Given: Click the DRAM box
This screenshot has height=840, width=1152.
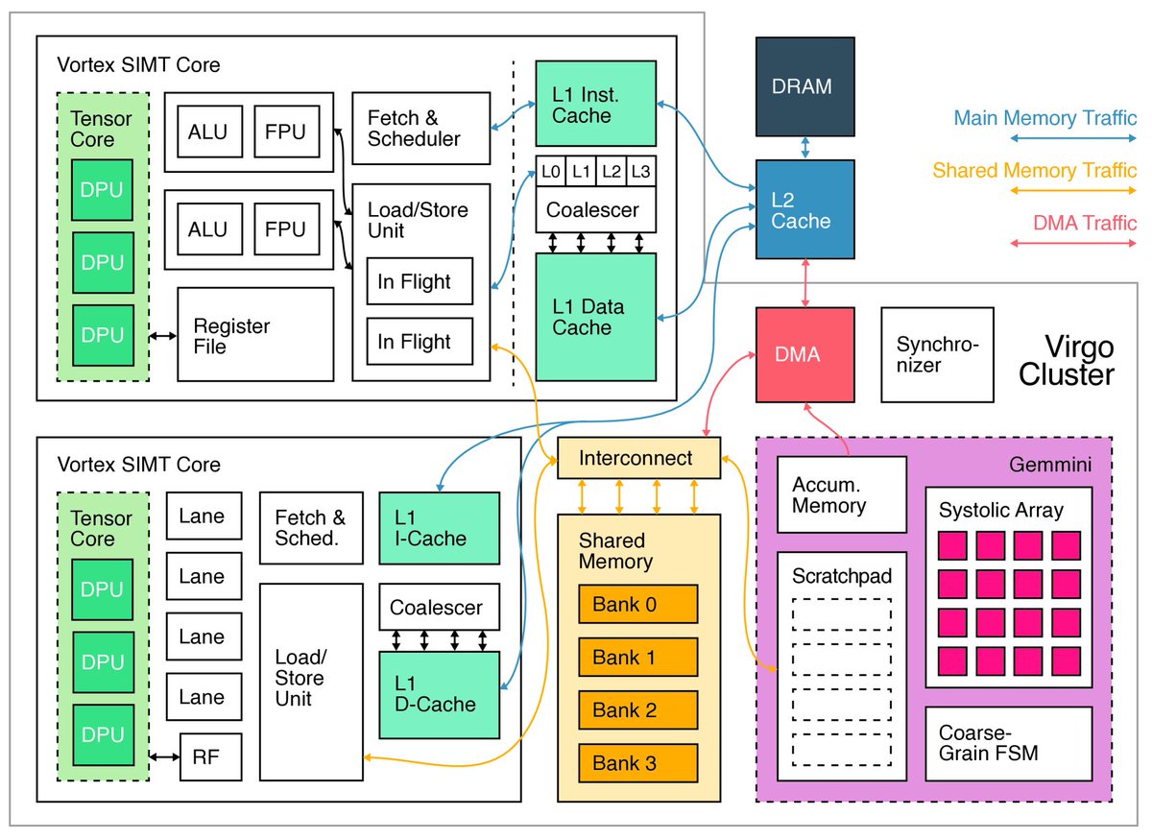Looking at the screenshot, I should (x=804, y=86).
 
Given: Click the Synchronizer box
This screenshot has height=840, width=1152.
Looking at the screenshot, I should (x=937, y=354).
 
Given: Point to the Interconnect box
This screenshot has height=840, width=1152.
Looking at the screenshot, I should (x=637, y=458).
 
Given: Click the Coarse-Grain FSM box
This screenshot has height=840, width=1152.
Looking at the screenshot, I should (x=1008, y=743).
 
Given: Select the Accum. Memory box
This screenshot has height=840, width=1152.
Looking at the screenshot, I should (x=841, y=494).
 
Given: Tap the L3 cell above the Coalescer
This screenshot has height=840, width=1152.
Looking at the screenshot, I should (x=640, y=171).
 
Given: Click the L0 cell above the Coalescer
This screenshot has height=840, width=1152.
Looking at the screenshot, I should (x=550, y=171).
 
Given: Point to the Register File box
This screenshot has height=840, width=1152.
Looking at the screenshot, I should (x=255, y=335).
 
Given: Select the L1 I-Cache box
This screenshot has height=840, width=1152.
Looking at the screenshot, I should (x=440, y=528).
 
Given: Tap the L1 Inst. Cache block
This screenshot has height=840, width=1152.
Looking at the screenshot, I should (x=595, y=105).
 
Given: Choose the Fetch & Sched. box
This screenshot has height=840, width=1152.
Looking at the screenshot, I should (x=311, y=527).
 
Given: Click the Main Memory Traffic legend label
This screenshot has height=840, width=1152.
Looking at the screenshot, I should (x=1044, y=119).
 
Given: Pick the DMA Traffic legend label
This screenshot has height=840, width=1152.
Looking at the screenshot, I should (x=1085, y=223).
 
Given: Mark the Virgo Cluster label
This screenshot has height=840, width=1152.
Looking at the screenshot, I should (x=1067, y=359).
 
